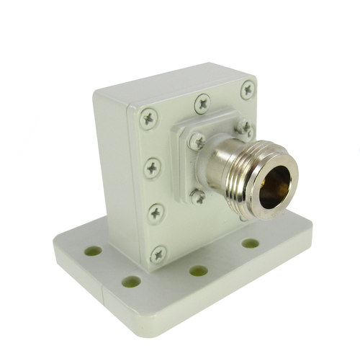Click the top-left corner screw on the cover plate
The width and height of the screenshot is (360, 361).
(148, 115)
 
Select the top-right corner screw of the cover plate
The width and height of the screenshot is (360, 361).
(247, 89)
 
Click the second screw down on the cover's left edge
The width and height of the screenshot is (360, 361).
(151, 169)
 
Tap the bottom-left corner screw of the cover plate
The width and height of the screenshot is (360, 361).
(158, 254)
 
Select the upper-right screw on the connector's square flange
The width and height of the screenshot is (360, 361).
(245, 128)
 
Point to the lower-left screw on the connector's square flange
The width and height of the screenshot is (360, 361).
(197, 195)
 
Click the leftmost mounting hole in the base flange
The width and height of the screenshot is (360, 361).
(93, 251)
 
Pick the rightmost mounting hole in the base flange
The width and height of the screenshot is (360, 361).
(250, 243)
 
